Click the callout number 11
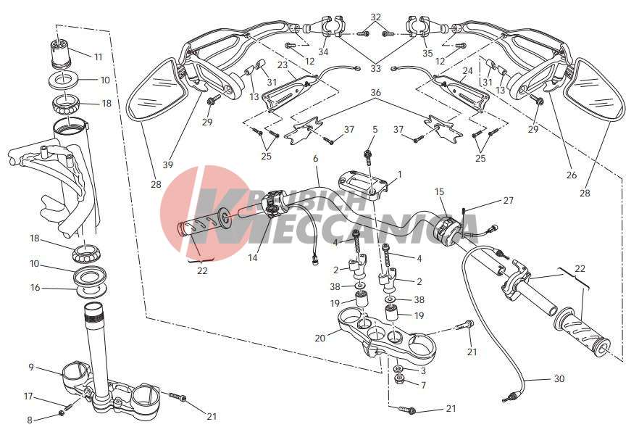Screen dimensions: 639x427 99,57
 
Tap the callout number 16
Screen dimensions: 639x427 35,288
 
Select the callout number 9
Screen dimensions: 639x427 31,367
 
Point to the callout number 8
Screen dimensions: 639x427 29,420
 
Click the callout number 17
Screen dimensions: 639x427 28,396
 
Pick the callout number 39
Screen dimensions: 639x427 168,165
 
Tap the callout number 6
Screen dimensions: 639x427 315,158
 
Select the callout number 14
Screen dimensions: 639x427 253,257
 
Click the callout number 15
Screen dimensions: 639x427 439,191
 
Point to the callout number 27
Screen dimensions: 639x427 508,200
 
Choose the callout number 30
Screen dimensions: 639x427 559,378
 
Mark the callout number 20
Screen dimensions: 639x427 320,338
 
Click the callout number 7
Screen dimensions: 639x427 423,385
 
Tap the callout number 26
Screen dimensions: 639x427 572,175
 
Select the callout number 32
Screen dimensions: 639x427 376,17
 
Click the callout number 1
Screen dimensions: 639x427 400,174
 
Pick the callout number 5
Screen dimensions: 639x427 375,129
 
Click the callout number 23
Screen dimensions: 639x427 283,65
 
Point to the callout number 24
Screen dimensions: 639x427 467,70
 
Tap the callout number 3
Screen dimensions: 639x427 423,370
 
